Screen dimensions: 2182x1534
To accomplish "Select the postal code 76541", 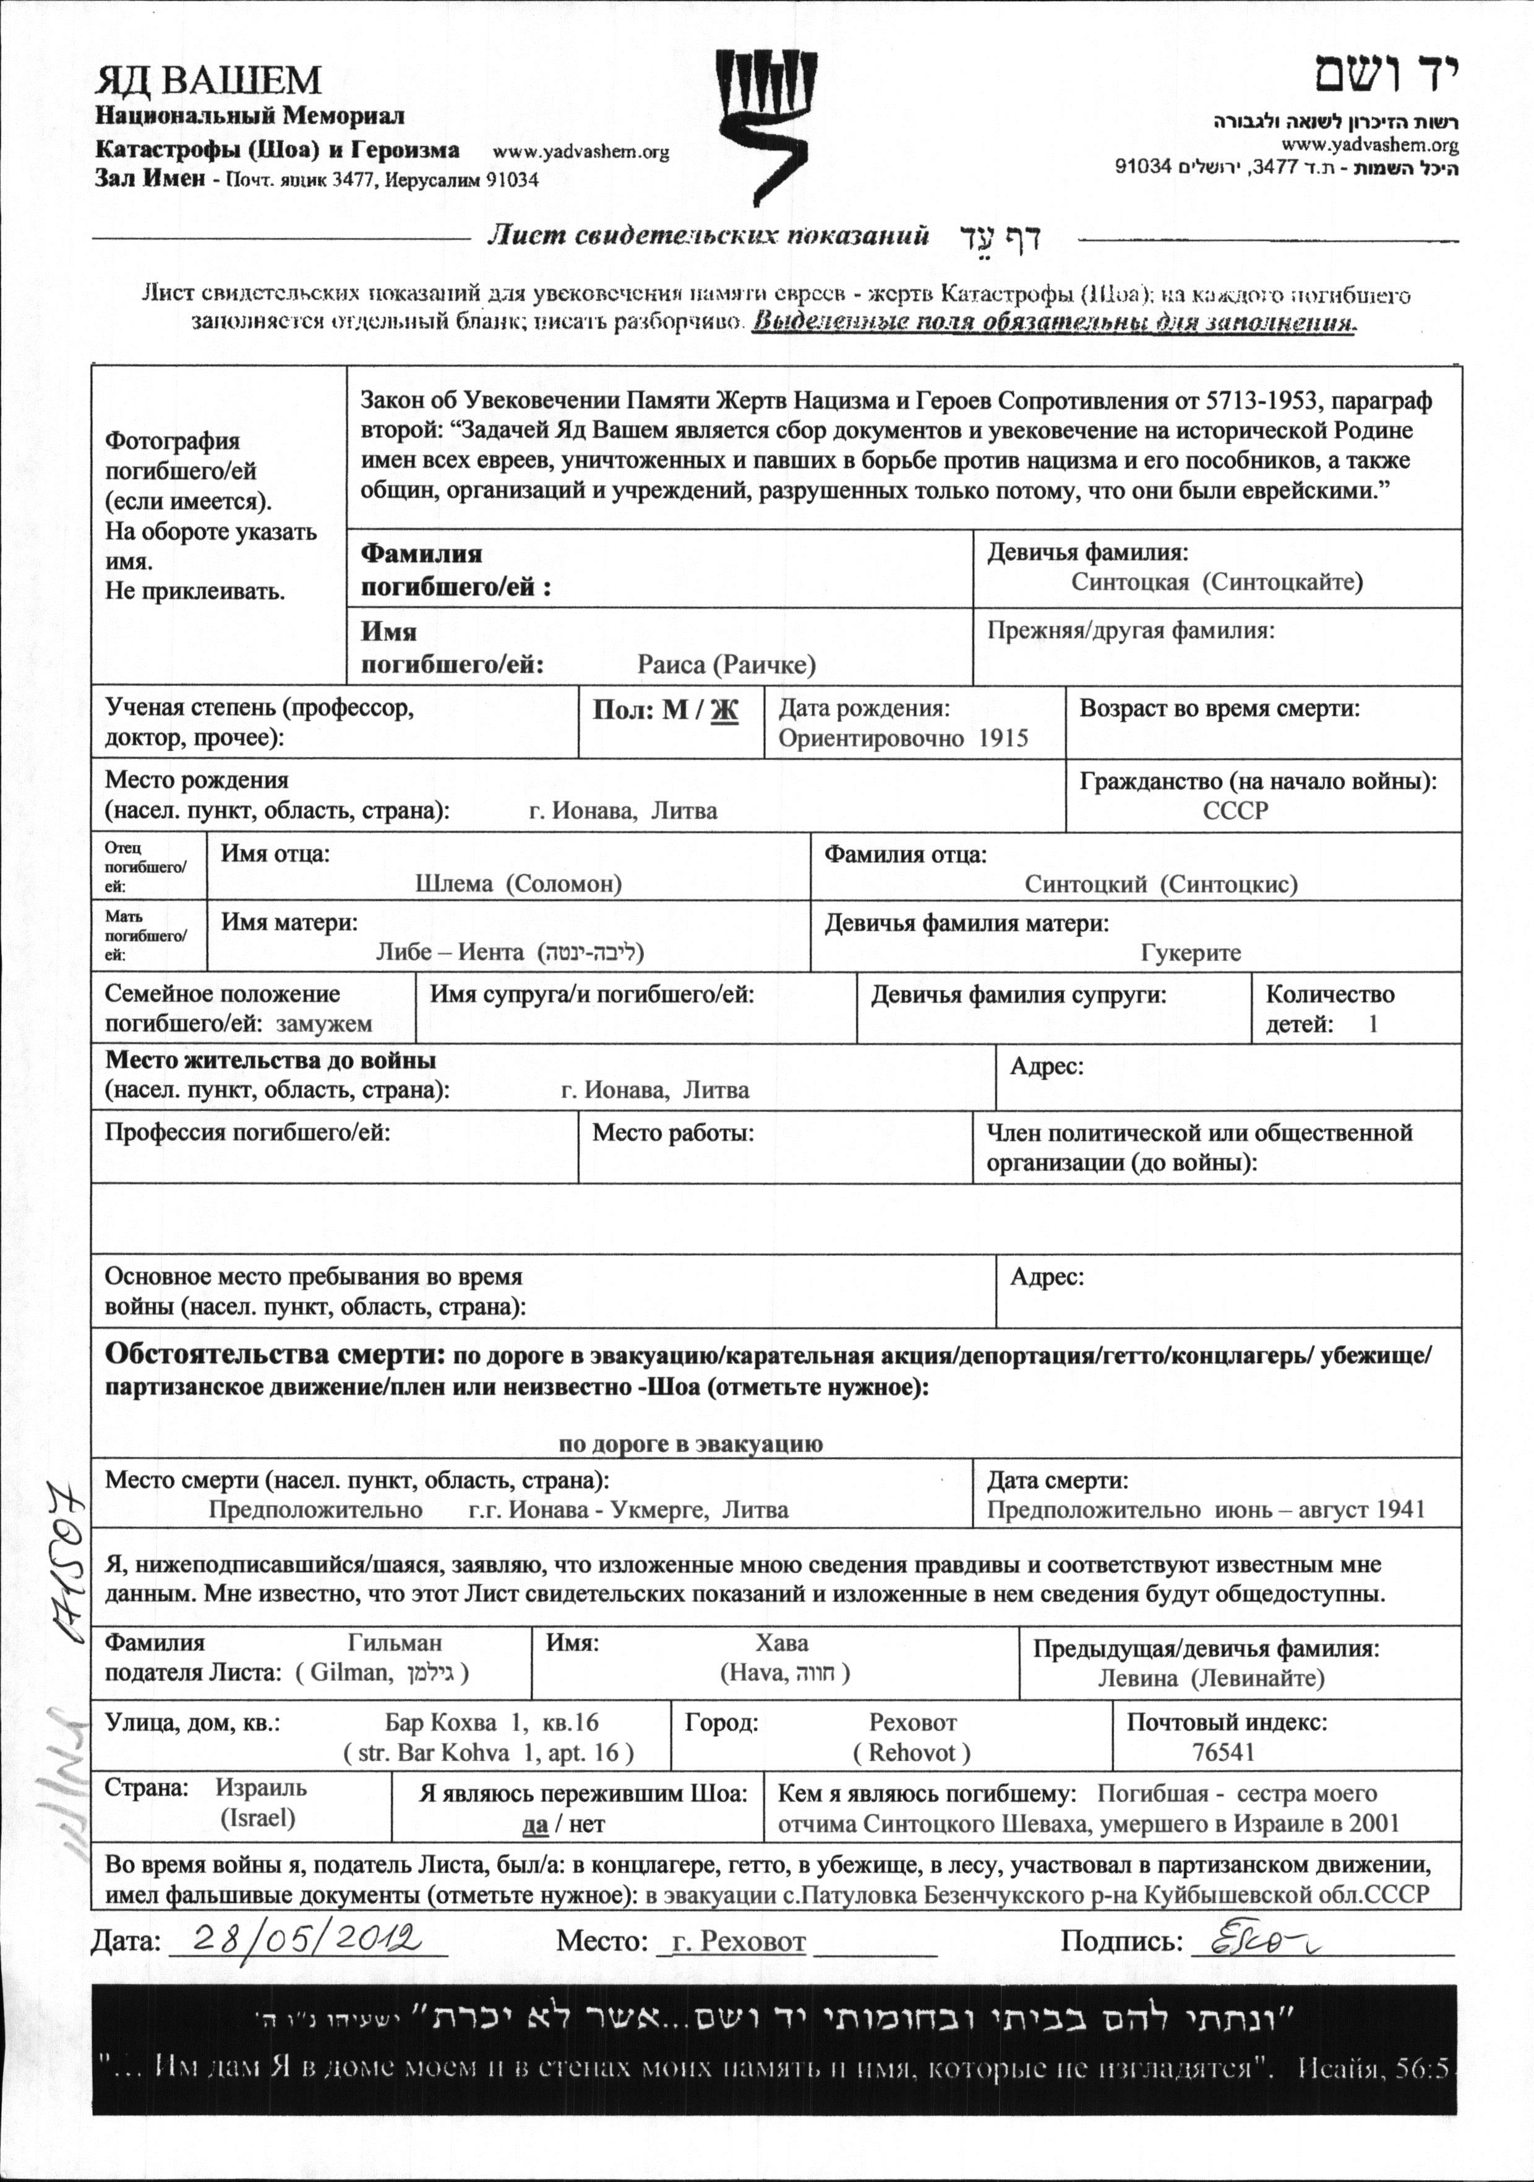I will pos(1223,1752).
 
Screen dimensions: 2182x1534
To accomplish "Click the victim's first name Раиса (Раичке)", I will pos(726,664).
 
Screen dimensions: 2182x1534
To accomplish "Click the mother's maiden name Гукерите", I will pos(1190,952).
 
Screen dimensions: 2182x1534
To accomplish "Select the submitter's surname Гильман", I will pos(395,1642).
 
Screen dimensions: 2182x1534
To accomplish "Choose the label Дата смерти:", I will pos(1057,1481).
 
